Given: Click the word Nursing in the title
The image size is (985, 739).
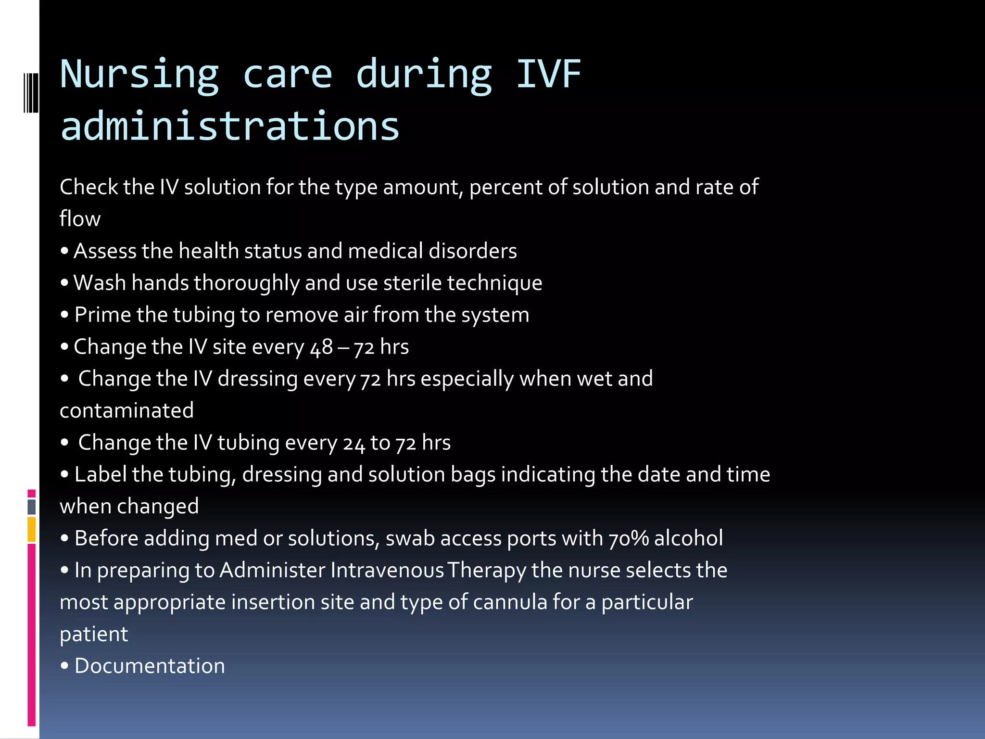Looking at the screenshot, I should click(139, 75).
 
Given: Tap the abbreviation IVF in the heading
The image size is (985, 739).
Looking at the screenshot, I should click(548, 75).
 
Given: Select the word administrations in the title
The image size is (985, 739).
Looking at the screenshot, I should click(230, 126).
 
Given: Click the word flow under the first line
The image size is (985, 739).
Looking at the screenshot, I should click(80, 219).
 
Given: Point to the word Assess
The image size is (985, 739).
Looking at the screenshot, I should click(104, 251).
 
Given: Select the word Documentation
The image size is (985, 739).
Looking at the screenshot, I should click(150, 666).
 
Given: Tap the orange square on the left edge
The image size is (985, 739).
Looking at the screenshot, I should click(32, 529).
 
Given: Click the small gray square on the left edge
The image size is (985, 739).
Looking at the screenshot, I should click(32, 507).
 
